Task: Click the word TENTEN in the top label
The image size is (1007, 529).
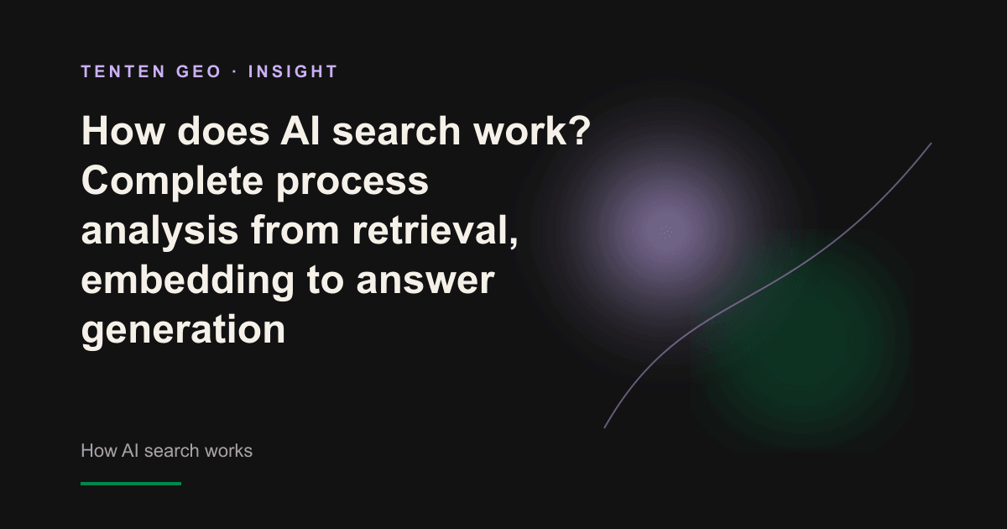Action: click(x=123, y=71)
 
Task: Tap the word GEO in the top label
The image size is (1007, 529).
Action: click(x=199, y=71)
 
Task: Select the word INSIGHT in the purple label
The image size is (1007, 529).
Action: click(x=293, y=71)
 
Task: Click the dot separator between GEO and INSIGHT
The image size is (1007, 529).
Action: click(x=235, y=72)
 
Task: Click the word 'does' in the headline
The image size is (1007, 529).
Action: click(x=223, y=131)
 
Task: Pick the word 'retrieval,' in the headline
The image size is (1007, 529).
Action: click(x=436, y=231)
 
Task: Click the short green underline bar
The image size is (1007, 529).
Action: click(x=131, y=484)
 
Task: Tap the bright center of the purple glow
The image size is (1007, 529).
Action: click(x=665, y=233)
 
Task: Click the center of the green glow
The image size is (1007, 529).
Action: click(x=801, y=338)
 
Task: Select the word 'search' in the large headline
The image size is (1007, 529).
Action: click(x=396, y=131)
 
